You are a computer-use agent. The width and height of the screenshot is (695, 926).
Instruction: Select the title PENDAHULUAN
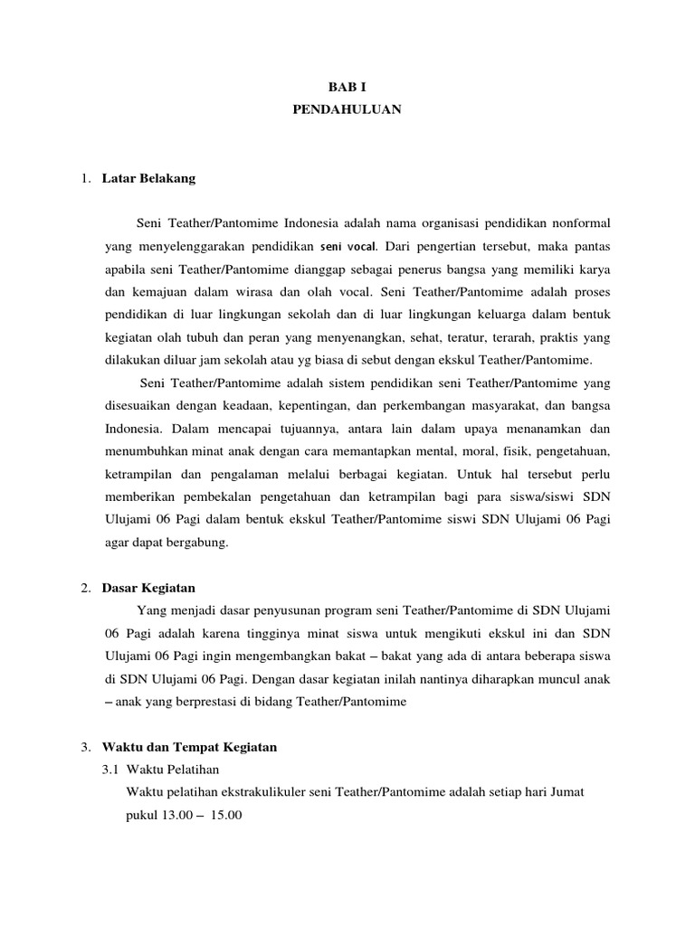[347, 109]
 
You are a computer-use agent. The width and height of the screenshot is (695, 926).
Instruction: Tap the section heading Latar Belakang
[148, 178]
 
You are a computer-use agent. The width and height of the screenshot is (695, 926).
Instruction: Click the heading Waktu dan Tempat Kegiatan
[189, 747]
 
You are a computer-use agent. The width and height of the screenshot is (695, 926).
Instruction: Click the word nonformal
[576, 222]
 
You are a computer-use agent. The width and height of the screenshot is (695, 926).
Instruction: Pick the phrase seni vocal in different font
[347, 246]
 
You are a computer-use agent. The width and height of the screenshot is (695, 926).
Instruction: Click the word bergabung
[202, 543]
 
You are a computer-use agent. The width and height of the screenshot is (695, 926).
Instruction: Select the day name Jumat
[565, 791]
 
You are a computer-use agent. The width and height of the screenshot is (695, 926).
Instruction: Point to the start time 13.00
[179, 814]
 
